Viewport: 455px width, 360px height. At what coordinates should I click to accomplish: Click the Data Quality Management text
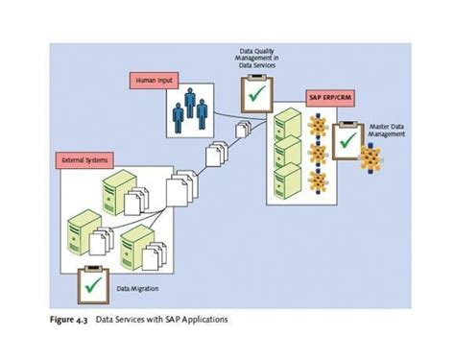[x=259, y=60]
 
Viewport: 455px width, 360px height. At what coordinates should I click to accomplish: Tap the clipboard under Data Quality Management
[x=257, y=94]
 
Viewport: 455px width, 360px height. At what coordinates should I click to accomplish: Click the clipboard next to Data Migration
[x=93, y=282]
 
